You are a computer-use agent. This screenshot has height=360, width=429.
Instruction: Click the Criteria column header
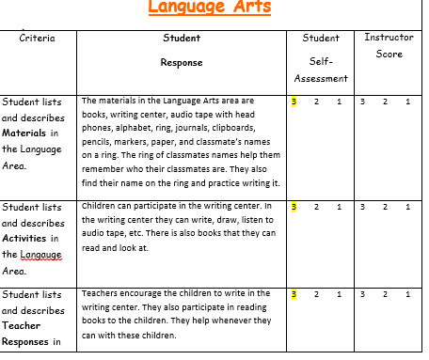point(37,39)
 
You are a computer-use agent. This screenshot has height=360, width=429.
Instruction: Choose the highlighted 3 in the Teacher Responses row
point(294,294)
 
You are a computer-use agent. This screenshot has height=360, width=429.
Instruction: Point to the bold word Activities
point(29,238)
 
